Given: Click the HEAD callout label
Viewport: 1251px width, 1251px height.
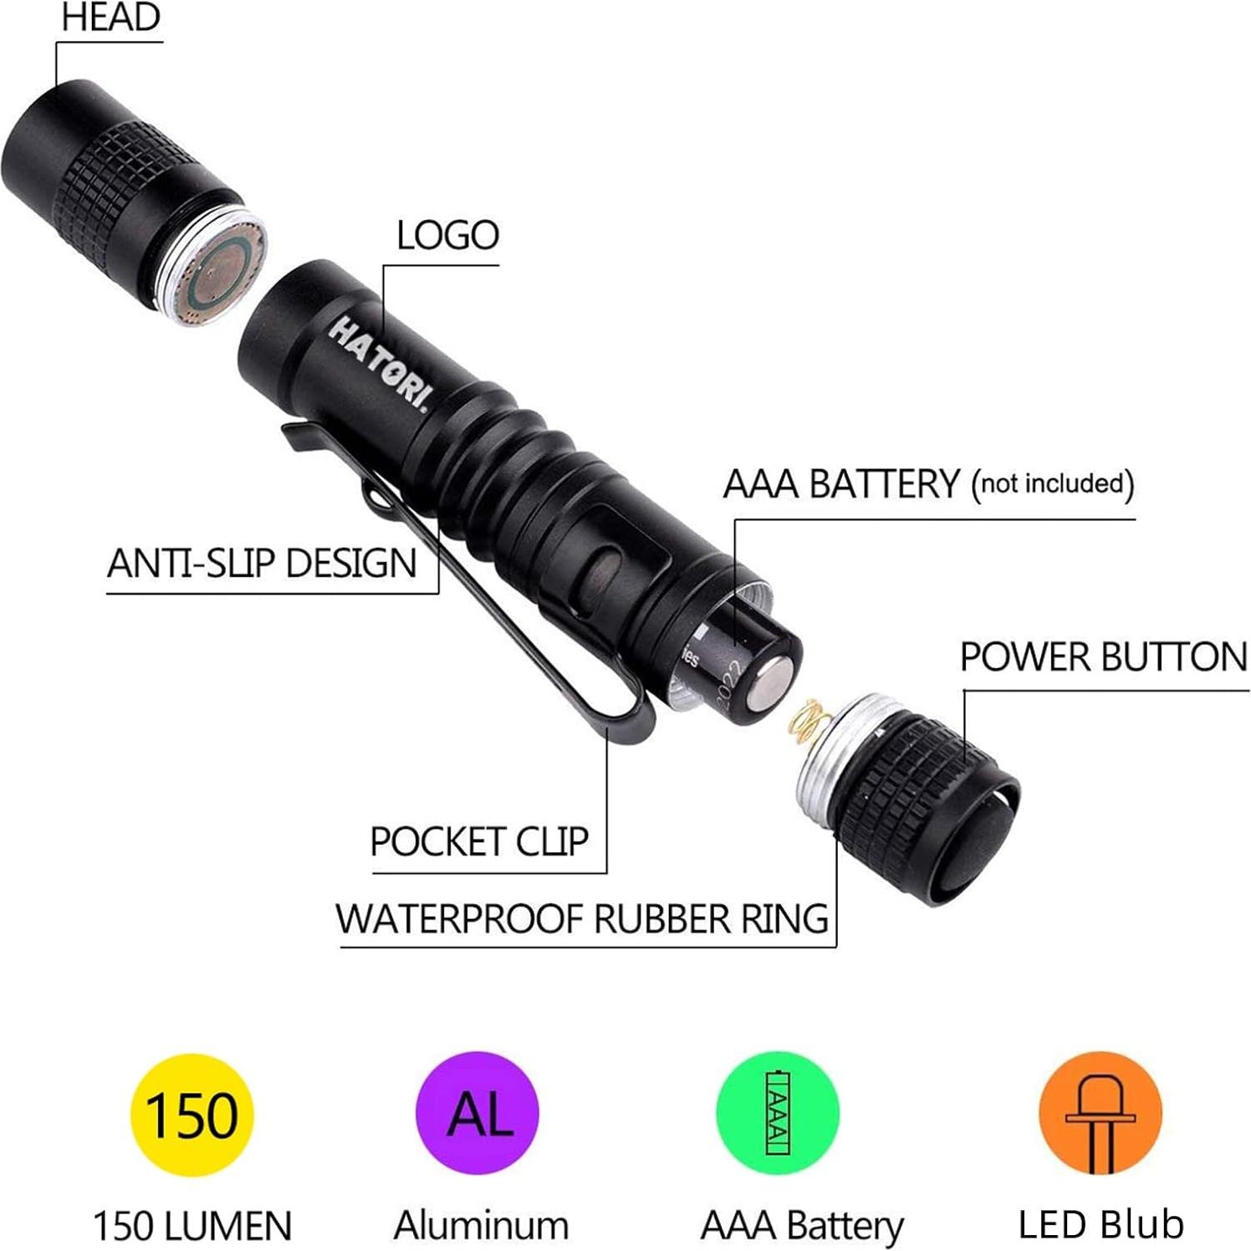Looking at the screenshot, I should tap(110, 18).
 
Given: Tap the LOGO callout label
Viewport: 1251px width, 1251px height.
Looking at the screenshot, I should tap(447, 236).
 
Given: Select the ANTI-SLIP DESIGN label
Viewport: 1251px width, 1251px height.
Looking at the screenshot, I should tap(262, 563).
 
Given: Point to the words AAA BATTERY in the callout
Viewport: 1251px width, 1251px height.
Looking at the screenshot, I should tap(841, 484).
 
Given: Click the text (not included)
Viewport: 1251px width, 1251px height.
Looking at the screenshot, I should tap(1052, 484).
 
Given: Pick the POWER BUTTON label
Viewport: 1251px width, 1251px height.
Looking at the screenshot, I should tap(1103, 657).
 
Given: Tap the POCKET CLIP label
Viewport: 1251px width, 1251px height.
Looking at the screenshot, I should tap(479, 841).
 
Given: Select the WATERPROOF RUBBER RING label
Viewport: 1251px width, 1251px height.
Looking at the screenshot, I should tap(582, 919).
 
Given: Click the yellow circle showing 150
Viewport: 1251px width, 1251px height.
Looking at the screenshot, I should tap(191, 1115).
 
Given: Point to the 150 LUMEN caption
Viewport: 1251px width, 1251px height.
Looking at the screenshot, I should tap(192, 1226).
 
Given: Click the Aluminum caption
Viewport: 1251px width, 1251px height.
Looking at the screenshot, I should tap(481, 1226).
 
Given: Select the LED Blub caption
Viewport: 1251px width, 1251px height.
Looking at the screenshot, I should tap(1100, 1224).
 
